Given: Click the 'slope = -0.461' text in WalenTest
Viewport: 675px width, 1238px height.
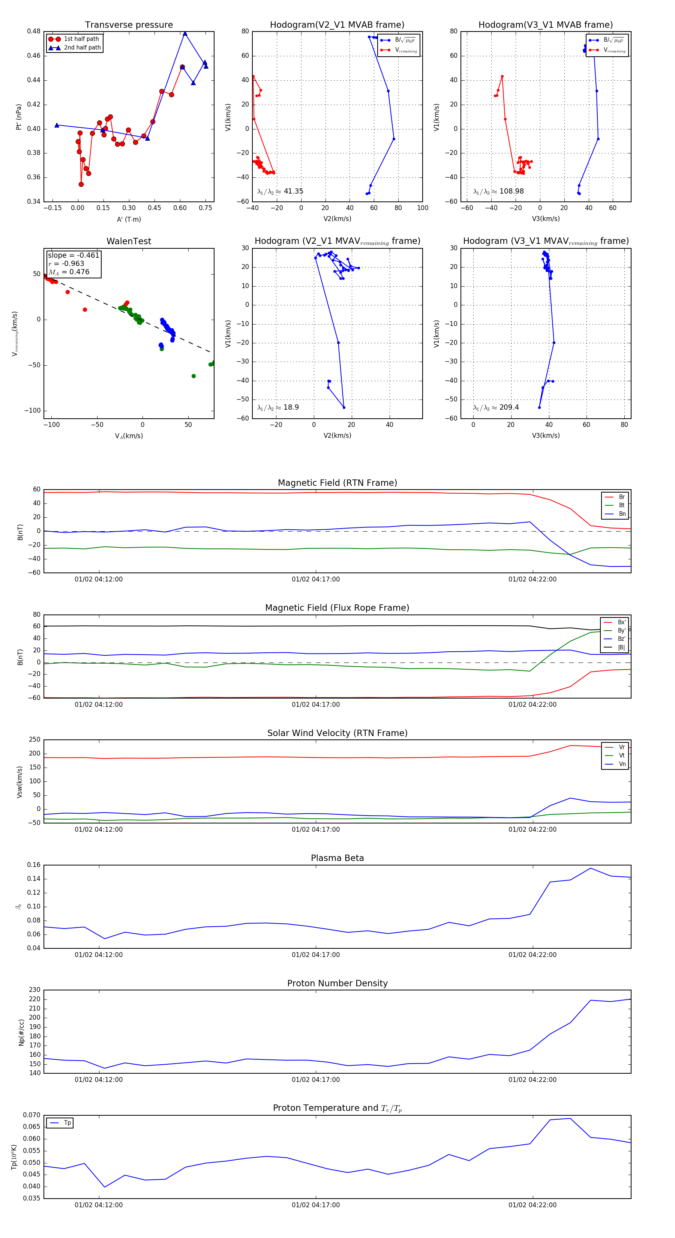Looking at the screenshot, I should click(x=73, y=255).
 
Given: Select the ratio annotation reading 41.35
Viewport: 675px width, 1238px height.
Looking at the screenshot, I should click(x=280, y=191).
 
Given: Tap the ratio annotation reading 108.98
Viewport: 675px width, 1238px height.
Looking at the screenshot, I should click(x=499, y=191).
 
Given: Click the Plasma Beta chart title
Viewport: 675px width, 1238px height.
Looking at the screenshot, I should click(x=337, y=858).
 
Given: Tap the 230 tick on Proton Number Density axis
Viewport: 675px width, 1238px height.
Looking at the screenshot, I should click(x=34, y=990).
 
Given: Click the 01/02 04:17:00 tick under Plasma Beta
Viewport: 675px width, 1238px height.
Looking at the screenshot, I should click(x=316, y=954).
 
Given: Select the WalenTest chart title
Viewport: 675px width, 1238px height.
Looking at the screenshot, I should click(x=129, y=241).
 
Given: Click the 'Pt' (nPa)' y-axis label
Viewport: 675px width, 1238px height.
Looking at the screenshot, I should click(x=19, y=117).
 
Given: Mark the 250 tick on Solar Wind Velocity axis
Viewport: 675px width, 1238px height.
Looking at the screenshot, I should click(x=34, y=740).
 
